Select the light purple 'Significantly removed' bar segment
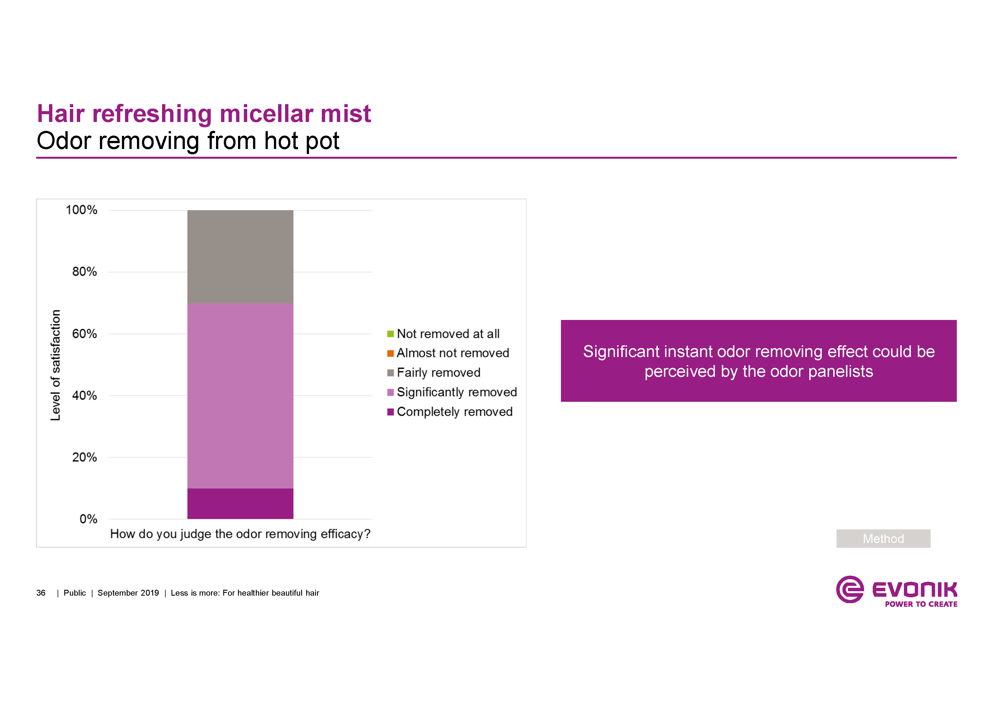240,395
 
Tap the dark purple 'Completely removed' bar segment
240,503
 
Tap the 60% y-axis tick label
84,334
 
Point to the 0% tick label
88,519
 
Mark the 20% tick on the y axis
84,457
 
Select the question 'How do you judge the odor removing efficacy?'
240,534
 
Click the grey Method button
883,539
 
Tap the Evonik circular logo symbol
849,589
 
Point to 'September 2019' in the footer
128,593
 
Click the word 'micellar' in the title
266,114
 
